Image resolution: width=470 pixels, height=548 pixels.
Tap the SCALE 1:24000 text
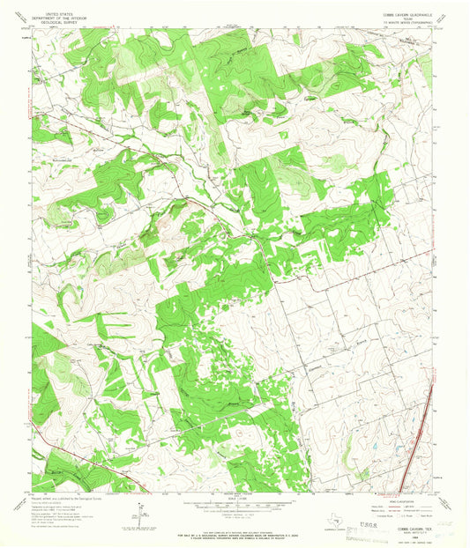(x=234, y=500)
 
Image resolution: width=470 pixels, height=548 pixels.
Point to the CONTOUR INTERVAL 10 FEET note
(x=234, y=517)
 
